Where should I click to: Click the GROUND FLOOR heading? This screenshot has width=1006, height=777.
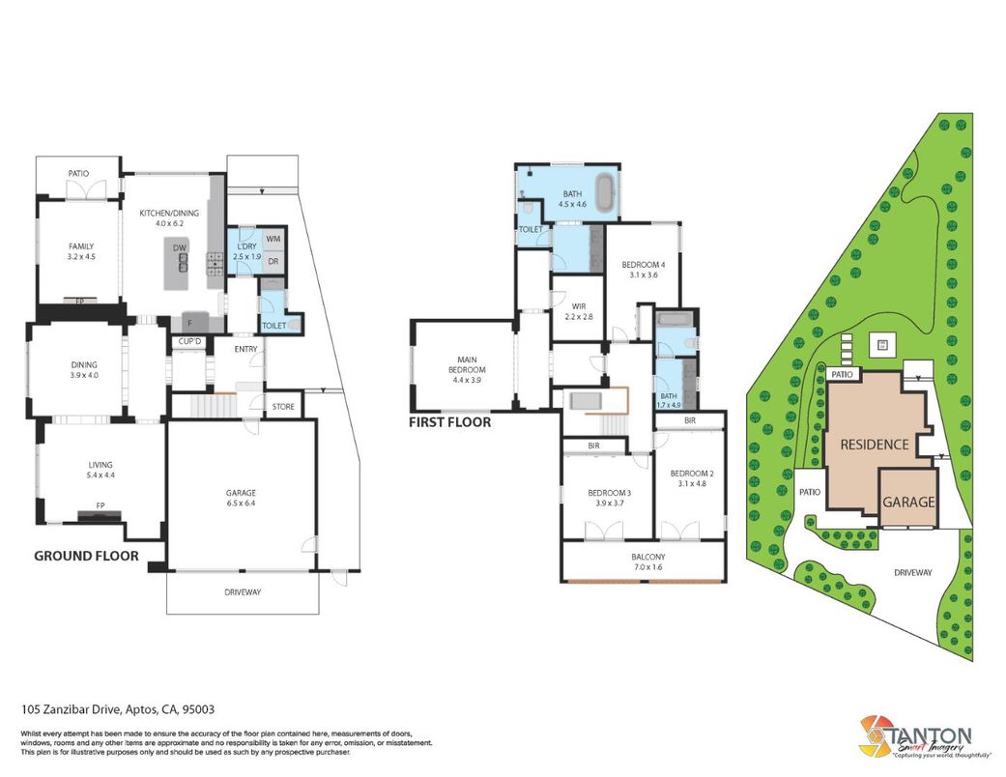pos(86,556)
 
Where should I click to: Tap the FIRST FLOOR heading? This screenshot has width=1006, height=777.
pos(449,422)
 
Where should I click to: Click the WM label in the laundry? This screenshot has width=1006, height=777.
pos(273,239)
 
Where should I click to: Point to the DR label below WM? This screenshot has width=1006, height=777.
pos(273,261)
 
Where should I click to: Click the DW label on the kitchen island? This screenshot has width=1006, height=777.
pos(179,248)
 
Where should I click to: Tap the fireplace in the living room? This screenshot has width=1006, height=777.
pos(100,515)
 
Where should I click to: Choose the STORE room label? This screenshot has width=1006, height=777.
pos(283,407)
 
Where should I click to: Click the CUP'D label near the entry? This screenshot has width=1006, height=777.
pos(190,342)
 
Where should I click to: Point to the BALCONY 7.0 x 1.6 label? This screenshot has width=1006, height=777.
pos(648,562)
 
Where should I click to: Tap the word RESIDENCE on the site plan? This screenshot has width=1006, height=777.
pos(875,445)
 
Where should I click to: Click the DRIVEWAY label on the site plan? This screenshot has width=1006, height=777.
pos(912,572)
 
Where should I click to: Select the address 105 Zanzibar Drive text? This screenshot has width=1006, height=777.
pos(117,709)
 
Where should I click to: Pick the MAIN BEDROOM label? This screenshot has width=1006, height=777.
pos(467,369)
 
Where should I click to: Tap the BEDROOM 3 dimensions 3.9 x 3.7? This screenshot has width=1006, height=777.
pos(610,504)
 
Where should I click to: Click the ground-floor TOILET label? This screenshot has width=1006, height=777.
pos(273,326)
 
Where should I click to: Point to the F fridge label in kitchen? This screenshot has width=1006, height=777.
pos(190,323)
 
